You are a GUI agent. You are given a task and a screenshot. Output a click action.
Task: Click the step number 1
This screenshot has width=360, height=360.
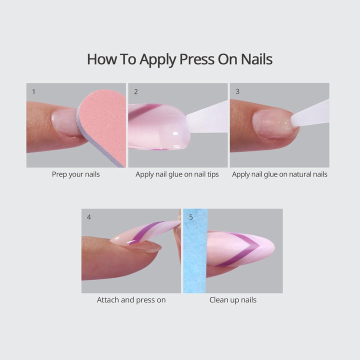tap(33, 91)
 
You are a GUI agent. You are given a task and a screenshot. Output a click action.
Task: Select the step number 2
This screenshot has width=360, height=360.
tap(136, 91)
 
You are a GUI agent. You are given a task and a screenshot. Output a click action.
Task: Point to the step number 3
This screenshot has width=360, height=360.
tap(237, 91)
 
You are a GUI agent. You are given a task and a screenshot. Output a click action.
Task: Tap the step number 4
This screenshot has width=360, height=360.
tap(89, 217)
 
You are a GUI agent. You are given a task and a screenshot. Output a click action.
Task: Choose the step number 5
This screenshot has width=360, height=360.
tap(191, 217)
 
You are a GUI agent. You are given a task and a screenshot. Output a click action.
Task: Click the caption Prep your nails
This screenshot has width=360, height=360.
tap(76, 174)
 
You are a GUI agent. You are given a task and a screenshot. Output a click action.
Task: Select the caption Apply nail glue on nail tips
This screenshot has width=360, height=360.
tap(177, 174)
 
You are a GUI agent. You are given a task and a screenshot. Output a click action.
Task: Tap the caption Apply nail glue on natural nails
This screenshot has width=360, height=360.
tap(279, 174)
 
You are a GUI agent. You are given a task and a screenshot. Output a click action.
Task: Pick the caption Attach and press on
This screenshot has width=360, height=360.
tap(131, 300)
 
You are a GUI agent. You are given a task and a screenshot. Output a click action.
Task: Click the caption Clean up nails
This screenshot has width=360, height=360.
tap(233, 300)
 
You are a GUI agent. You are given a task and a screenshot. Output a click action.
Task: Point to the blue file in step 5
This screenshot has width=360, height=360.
tap(195, 250)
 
